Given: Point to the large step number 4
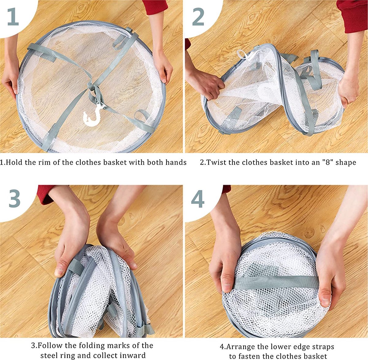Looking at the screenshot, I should click(x=198, y=199).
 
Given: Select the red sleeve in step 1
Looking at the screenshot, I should click(x=155, y=7).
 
